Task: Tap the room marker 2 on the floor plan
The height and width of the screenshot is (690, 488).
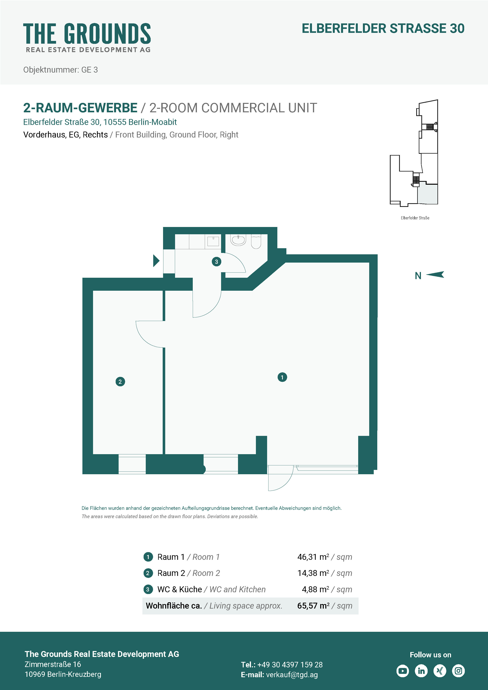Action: coord(120,382)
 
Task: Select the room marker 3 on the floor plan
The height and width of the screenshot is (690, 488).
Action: coord(216,261)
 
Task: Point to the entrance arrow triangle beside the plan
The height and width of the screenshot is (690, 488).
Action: coord(156,261)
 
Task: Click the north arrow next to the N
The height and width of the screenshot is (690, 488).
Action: coord(435,274)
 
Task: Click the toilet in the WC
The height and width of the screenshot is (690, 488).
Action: coord(256,242)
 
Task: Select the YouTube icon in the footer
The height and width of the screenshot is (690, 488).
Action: coord(402,671)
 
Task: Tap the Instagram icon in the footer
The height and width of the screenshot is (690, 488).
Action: coord(458,671)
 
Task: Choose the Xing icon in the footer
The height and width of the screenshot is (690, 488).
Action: coord(440,671)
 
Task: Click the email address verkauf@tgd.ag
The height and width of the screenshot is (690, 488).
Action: coord(292,675)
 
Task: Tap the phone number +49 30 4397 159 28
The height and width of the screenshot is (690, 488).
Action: coord(290,664)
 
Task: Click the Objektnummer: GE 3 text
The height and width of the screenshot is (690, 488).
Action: coord(60,70)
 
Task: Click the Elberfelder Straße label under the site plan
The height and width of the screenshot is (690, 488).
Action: coord(415,218)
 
